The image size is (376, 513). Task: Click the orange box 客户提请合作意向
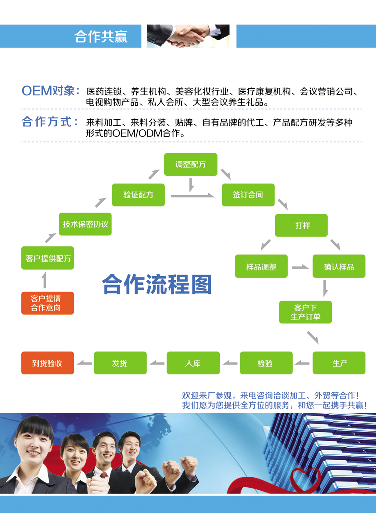(x=47, y=303)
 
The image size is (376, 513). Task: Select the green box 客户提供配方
(x=47, y=258)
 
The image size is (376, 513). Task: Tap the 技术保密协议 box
(x=85, y=224)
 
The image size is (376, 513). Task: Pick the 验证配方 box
(x=138, y=194)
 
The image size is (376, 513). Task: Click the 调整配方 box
(x=191, y=164)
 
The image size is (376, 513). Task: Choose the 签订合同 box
(x=248, y=194)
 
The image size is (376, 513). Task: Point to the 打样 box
(x=301, y=225)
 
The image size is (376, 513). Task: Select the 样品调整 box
(x=261, y=267)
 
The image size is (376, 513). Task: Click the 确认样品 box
(x=339, y=267)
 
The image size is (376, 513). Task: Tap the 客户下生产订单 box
(x=305, y=312)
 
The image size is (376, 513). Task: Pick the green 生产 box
(x=339, y=363)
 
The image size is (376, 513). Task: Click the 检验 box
(x=266, y=363)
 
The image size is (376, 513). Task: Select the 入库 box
(x=193, y=363)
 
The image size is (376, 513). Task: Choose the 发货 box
(x=120, y=363)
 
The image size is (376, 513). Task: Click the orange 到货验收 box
(x=47, y=363)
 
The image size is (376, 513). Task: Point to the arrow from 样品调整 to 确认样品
(x=300, y=267)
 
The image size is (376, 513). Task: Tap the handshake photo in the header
(x=189, y=36)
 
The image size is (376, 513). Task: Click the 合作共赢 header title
(x=101, y=37)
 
